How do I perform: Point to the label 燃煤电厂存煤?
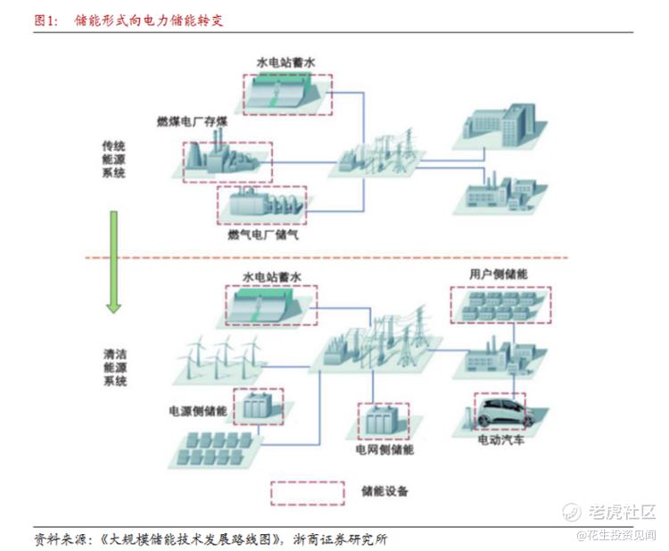pos(192,121)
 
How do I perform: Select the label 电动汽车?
pos(501,440)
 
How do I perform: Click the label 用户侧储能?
pos(499,274)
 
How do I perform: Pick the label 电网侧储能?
pos(384,449)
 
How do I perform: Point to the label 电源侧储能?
pos(197,411)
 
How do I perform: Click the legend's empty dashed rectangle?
pos(308,493)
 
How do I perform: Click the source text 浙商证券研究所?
pos(340,539)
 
